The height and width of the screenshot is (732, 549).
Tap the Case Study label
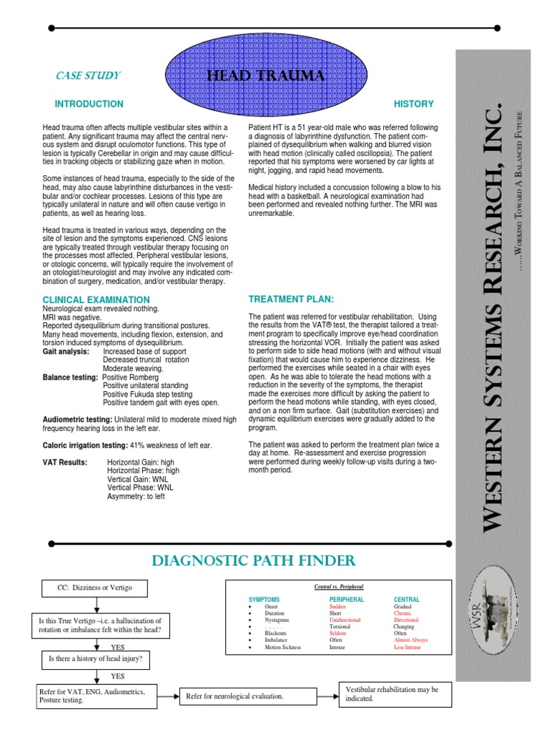click(88, 75)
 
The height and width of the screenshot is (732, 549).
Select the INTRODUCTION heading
click(89, 104)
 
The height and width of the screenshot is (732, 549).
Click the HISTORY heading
click(414, 104)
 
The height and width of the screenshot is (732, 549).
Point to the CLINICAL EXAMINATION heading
click(97, 300)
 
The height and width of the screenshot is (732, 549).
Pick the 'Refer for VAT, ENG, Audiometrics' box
click(97, 696)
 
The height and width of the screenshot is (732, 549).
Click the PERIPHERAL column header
click(347, 598)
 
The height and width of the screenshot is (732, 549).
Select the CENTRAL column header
click(407, 598)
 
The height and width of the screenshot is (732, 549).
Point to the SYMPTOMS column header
click(264, 598)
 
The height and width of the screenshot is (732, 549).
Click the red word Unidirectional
click(345, 620)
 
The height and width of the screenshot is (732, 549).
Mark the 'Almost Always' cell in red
click(411, 640)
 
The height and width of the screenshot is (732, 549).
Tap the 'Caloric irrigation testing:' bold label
click(84, 445)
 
